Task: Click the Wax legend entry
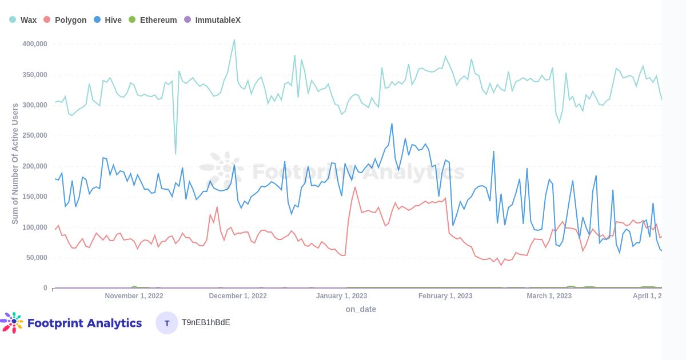pos(23,20)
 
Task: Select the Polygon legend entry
pos(65,20)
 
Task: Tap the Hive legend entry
pos(108,20)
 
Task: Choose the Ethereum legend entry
pos(153,20)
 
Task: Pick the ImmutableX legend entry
pos(212,20)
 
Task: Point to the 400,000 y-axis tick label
pos(35,44)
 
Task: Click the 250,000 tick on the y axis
pos(35,135)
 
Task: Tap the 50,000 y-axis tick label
pos(37,258)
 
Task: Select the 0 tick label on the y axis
pos(45,288)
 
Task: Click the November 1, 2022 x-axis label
pos(134,296)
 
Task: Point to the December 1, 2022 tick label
pos(238,296)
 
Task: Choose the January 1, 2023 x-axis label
pos(341,296)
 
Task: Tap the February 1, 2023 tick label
pos(445,296)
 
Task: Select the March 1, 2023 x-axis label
pos(549,296)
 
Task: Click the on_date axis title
pos(361,309)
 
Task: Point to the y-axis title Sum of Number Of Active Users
pos(15,163)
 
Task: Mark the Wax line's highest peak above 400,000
pos(234,40)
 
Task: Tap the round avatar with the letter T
pos(167,323)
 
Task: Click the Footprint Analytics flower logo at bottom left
pos(13,322)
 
